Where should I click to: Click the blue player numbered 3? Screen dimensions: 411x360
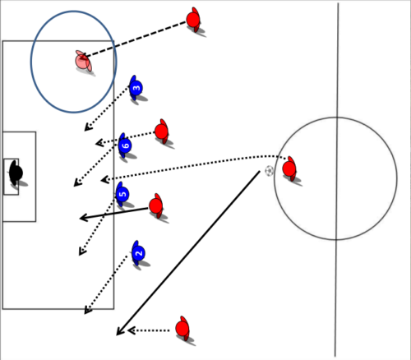[x=136, y=88]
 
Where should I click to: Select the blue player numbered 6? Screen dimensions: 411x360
[x=125, y=145]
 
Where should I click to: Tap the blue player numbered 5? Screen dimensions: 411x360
[x=122, y=194]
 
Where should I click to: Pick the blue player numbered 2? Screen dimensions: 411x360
[x=138, y=253]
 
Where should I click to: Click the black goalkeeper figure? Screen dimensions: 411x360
[x=16, y=173]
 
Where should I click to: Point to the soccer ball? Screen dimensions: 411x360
[x=269, y=171]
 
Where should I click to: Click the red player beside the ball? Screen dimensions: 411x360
[x=289, y=168]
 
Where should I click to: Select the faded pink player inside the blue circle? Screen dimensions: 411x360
[x=83, y=61]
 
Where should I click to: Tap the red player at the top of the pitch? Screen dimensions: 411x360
[x=193, y=20]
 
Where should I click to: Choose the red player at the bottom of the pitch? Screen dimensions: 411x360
[x=182, y=328]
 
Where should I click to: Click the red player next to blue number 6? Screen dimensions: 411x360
[x=162, y=132]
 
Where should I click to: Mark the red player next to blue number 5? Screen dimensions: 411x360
[x=156, y=205]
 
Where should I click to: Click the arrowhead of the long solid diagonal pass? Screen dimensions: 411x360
[x=120, y=330]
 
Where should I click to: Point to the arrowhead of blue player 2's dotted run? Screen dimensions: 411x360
[x=87, y=310]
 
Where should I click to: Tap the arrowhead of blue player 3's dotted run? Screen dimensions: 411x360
[x=87, y=127]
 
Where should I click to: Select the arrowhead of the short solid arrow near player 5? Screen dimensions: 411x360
[x=83, y=218]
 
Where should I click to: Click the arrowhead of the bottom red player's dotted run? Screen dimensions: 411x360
[x=132, y=330]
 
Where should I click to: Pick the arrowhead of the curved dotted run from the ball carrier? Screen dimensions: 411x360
[x=105, y=180]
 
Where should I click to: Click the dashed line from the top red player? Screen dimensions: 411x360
[x=135, y=39]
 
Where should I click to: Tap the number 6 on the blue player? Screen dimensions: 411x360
[x=125, y=145]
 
